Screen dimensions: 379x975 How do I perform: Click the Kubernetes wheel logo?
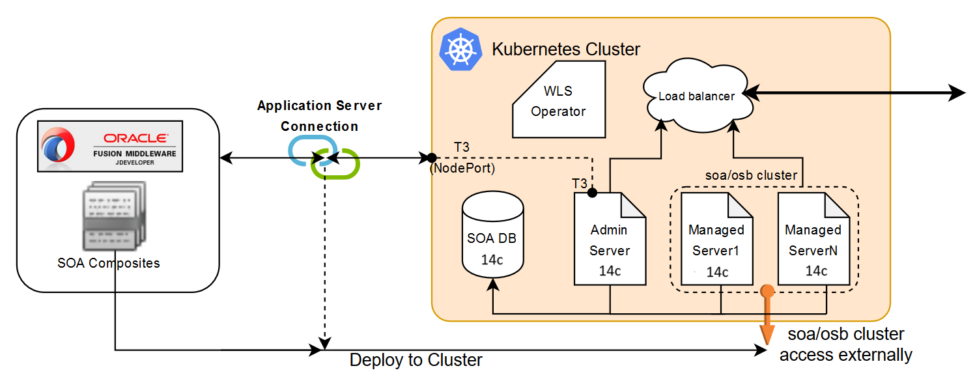(x=461, y=49)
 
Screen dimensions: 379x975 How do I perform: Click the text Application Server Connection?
(x=319, y=115)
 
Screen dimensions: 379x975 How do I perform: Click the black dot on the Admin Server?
(x=592, y=193)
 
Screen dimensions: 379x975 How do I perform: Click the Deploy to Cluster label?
(x=416, y=360)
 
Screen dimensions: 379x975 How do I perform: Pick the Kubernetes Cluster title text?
(x=566, y=49)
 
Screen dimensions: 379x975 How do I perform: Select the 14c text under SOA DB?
(x=492, y=259)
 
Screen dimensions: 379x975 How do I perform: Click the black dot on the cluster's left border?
(x=431, y=158)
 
